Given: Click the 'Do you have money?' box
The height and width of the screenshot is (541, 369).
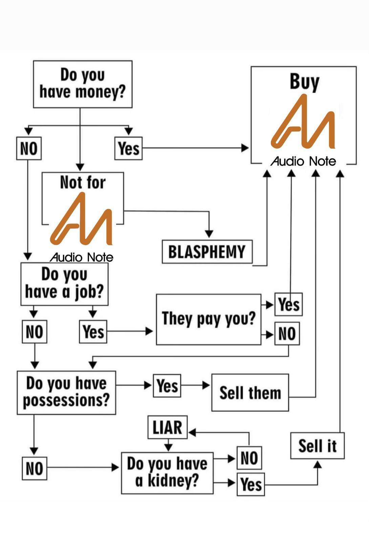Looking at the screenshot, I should tap(83, 84).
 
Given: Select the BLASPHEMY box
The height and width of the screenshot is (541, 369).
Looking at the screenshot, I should tap(207, 252).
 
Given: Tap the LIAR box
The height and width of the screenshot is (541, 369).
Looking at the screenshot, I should tap(168, 427).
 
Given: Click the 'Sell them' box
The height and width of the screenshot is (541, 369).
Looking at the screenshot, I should tap(250, 393).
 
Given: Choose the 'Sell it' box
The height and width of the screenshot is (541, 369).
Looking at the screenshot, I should tap(317, 446).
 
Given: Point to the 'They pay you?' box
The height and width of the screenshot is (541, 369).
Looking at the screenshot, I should tap(208, 319).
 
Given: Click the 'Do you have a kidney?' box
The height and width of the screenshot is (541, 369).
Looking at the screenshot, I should tap(167, 473).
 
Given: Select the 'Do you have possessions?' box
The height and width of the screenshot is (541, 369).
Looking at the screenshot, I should tap(66, 393).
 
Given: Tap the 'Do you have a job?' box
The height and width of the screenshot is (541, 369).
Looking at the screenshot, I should tap(64, 284).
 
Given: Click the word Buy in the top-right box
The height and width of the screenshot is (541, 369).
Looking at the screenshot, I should tap(304, 82).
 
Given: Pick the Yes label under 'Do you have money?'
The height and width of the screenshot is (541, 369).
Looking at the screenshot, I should tap(128, 148).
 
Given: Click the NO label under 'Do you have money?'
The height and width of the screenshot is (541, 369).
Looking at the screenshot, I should tap(29, 148).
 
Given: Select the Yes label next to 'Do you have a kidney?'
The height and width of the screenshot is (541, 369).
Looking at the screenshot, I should tap(251, 485).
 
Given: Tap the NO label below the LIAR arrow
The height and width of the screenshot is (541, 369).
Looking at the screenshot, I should tap(249, 458).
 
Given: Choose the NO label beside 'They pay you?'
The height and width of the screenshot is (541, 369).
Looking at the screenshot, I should tap(287, 334).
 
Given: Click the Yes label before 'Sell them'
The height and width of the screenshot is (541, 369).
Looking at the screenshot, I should tap(167, 385).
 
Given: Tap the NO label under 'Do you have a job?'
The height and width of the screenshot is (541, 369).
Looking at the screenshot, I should tap(35, 332).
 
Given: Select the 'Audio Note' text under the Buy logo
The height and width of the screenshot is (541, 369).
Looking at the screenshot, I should tap(303, 161).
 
